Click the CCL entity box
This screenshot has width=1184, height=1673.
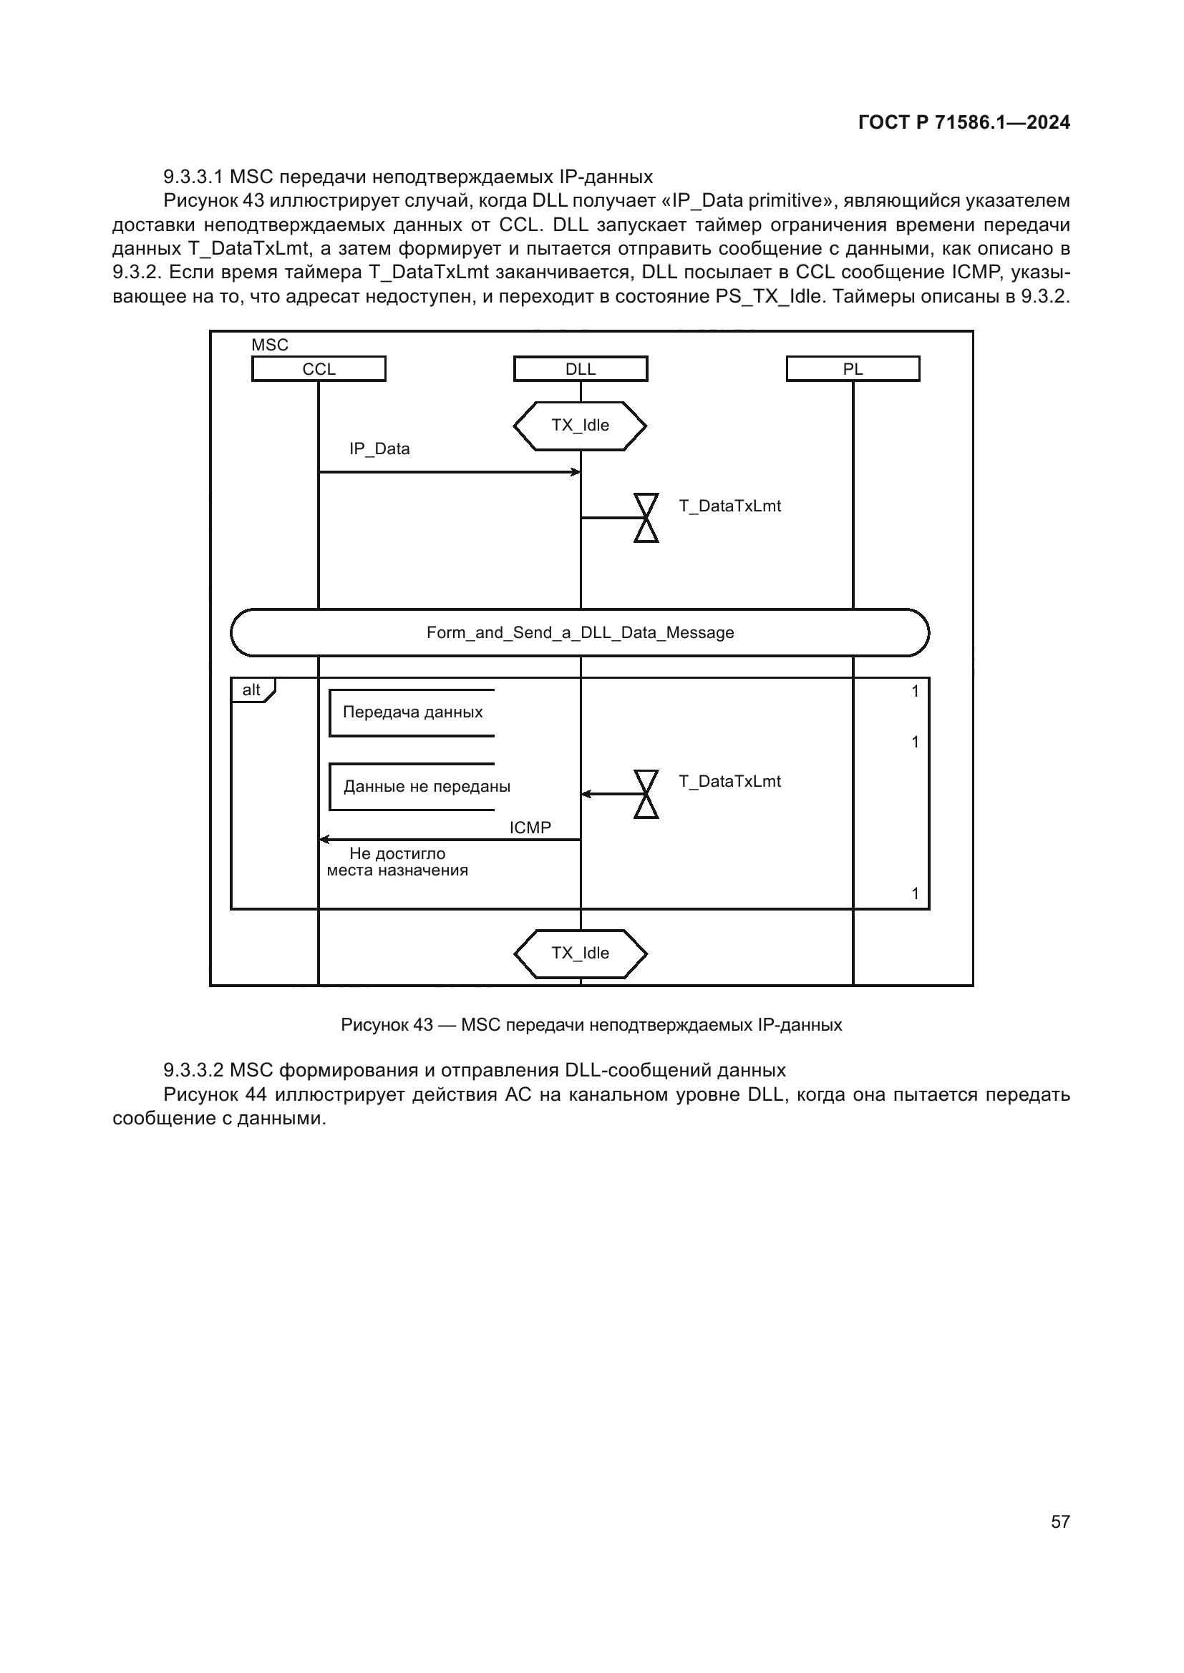pyautogui.click(x=319, y=368)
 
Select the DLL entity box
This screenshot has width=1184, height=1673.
pyautogui.click(x=581, y=368)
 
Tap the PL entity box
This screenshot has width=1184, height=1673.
pyautogui.click(x=853, y=368)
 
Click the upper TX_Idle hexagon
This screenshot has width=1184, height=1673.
pyautogui.click(x=581, y=426)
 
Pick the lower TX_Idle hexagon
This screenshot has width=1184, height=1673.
pyautogui.click(x=581, y=953)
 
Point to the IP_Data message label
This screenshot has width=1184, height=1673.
pyautogui.click(x=379, y=449)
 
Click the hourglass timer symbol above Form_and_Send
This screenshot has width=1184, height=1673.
pyautogui.click(x=646, y=517)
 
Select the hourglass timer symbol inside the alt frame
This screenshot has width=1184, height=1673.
pyautogui.click(x=646, y=793)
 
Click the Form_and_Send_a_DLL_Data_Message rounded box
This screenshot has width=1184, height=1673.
pyautogui.click(x=581, y=632)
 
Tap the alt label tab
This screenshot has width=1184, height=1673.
pyautogui.click(x=252, y=690)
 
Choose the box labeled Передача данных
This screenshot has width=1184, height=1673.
pyautogui.click(x=412, y=712)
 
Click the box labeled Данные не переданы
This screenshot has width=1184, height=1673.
pyautogui.click(x=427, y=787)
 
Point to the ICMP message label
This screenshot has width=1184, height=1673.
pyautogui.click(x=530, y=828)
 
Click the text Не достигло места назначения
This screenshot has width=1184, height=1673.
pyautogui.click(x=397, y=862)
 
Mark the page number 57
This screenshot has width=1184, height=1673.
pyautogui.click(x=1060, y=1521)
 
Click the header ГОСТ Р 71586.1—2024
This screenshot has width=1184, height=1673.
pyautogui.click(x=964, y=122)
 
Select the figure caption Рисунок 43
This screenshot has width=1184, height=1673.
pyautogui.click(x=591, y=1025)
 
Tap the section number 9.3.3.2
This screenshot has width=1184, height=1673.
pyautogui.click(x=193, y=1071)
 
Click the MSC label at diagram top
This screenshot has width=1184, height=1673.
pyautogui.click(x=270, y=345)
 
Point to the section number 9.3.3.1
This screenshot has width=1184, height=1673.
pyautogui.click(x=193, y=177)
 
